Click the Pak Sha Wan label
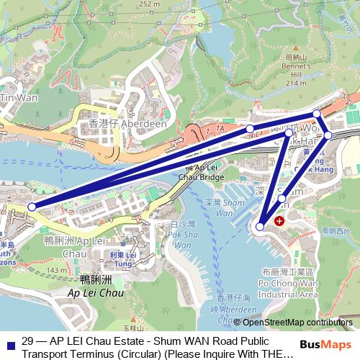point(181,235)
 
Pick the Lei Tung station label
point(122,259)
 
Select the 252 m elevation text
point(168,4)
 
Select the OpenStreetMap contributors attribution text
point(298,322)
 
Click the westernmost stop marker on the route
point(32,207)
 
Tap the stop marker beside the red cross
point(261,227)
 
